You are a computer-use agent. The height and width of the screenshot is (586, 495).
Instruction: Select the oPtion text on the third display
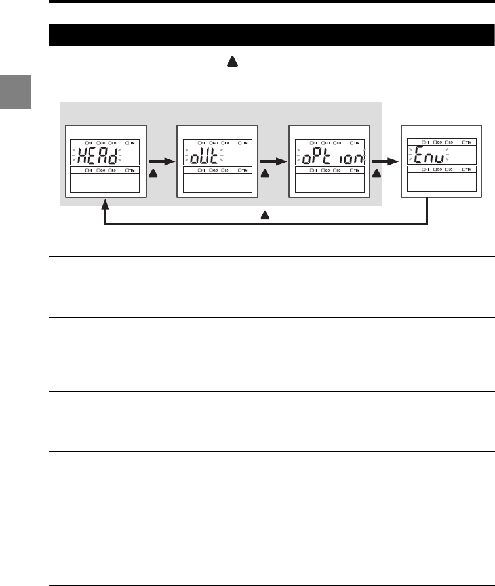pos(330,157)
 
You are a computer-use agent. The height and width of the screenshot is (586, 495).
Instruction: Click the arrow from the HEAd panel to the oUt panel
pos(159,158)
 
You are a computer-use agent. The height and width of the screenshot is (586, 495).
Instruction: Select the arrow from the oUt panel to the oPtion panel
pos(271,158)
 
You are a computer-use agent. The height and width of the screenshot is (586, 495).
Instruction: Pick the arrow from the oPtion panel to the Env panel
pos(382,158)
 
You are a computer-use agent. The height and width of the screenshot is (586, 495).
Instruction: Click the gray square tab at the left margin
pos(15,92)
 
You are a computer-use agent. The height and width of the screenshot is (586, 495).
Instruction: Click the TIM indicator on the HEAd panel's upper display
pos(130,142)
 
